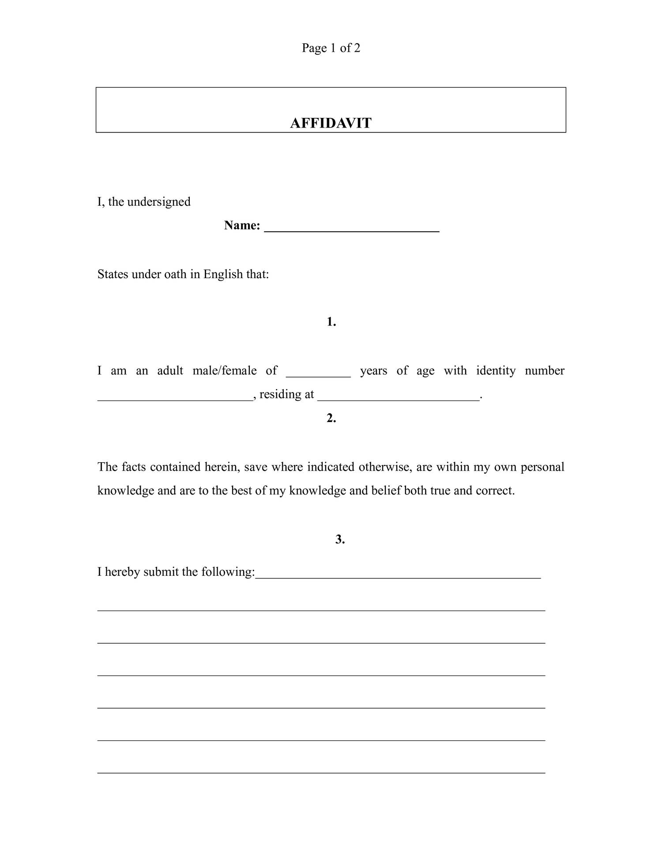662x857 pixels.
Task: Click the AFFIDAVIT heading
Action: (x=331, y=123)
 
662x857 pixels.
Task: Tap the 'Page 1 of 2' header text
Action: (x=331, y=48)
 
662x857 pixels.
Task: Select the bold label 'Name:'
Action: (x=242, y=225)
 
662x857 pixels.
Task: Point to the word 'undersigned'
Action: (x=159, y=202)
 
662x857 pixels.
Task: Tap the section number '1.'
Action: (x=331, y=322)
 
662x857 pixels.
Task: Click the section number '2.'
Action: (x=331, y=418)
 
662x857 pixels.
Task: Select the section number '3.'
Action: (x=340, y=539)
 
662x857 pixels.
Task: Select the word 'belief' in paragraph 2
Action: (x=386, y=491)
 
